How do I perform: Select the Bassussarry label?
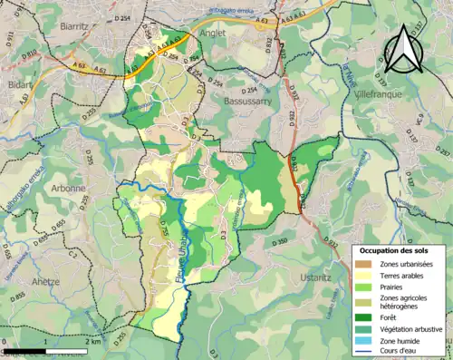[x=250, y=102]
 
